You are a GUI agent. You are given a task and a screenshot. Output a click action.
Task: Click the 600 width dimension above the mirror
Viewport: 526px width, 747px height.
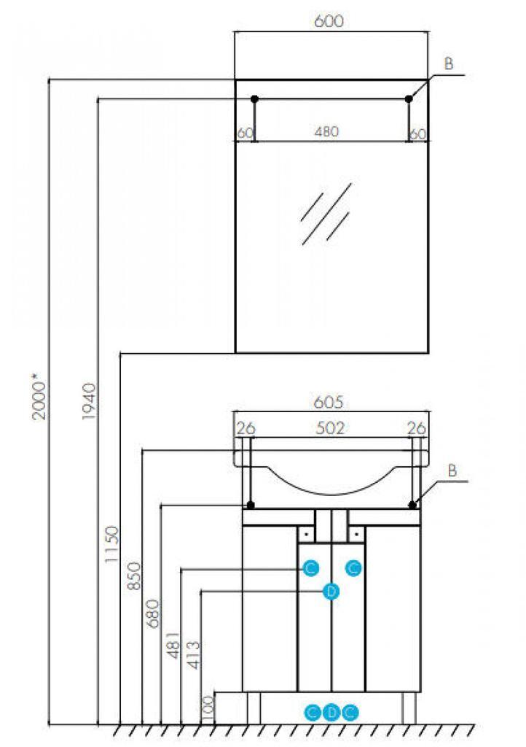329,22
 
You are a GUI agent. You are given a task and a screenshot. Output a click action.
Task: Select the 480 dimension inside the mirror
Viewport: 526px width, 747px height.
329,132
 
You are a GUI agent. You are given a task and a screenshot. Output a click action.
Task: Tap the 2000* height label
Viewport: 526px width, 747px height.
40,397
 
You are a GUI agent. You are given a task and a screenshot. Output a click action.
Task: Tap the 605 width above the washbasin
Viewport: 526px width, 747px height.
329,402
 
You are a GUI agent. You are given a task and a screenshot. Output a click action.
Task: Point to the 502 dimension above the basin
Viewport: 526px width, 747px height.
330,428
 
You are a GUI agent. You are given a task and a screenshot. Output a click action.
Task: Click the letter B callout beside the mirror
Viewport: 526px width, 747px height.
449,64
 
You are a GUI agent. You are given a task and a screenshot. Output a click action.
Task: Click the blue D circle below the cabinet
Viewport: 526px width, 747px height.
331,711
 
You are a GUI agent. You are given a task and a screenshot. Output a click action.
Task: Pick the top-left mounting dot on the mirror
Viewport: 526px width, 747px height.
254,98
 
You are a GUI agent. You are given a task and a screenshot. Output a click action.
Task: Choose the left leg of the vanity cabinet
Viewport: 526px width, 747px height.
254,707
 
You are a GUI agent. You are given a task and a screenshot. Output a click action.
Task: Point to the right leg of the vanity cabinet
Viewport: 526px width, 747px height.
409,707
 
